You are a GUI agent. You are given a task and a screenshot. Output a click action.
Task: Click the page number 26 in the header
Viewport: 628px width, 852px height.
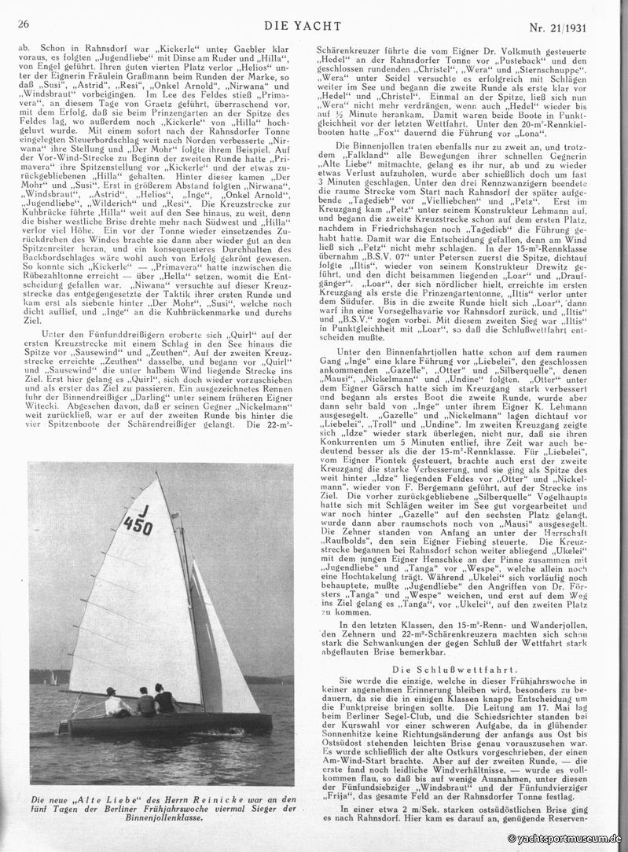[23, 25]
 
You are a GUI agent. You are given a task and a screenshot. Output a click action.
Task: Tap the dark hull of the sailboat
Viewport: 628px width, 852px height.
[165, 723]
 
